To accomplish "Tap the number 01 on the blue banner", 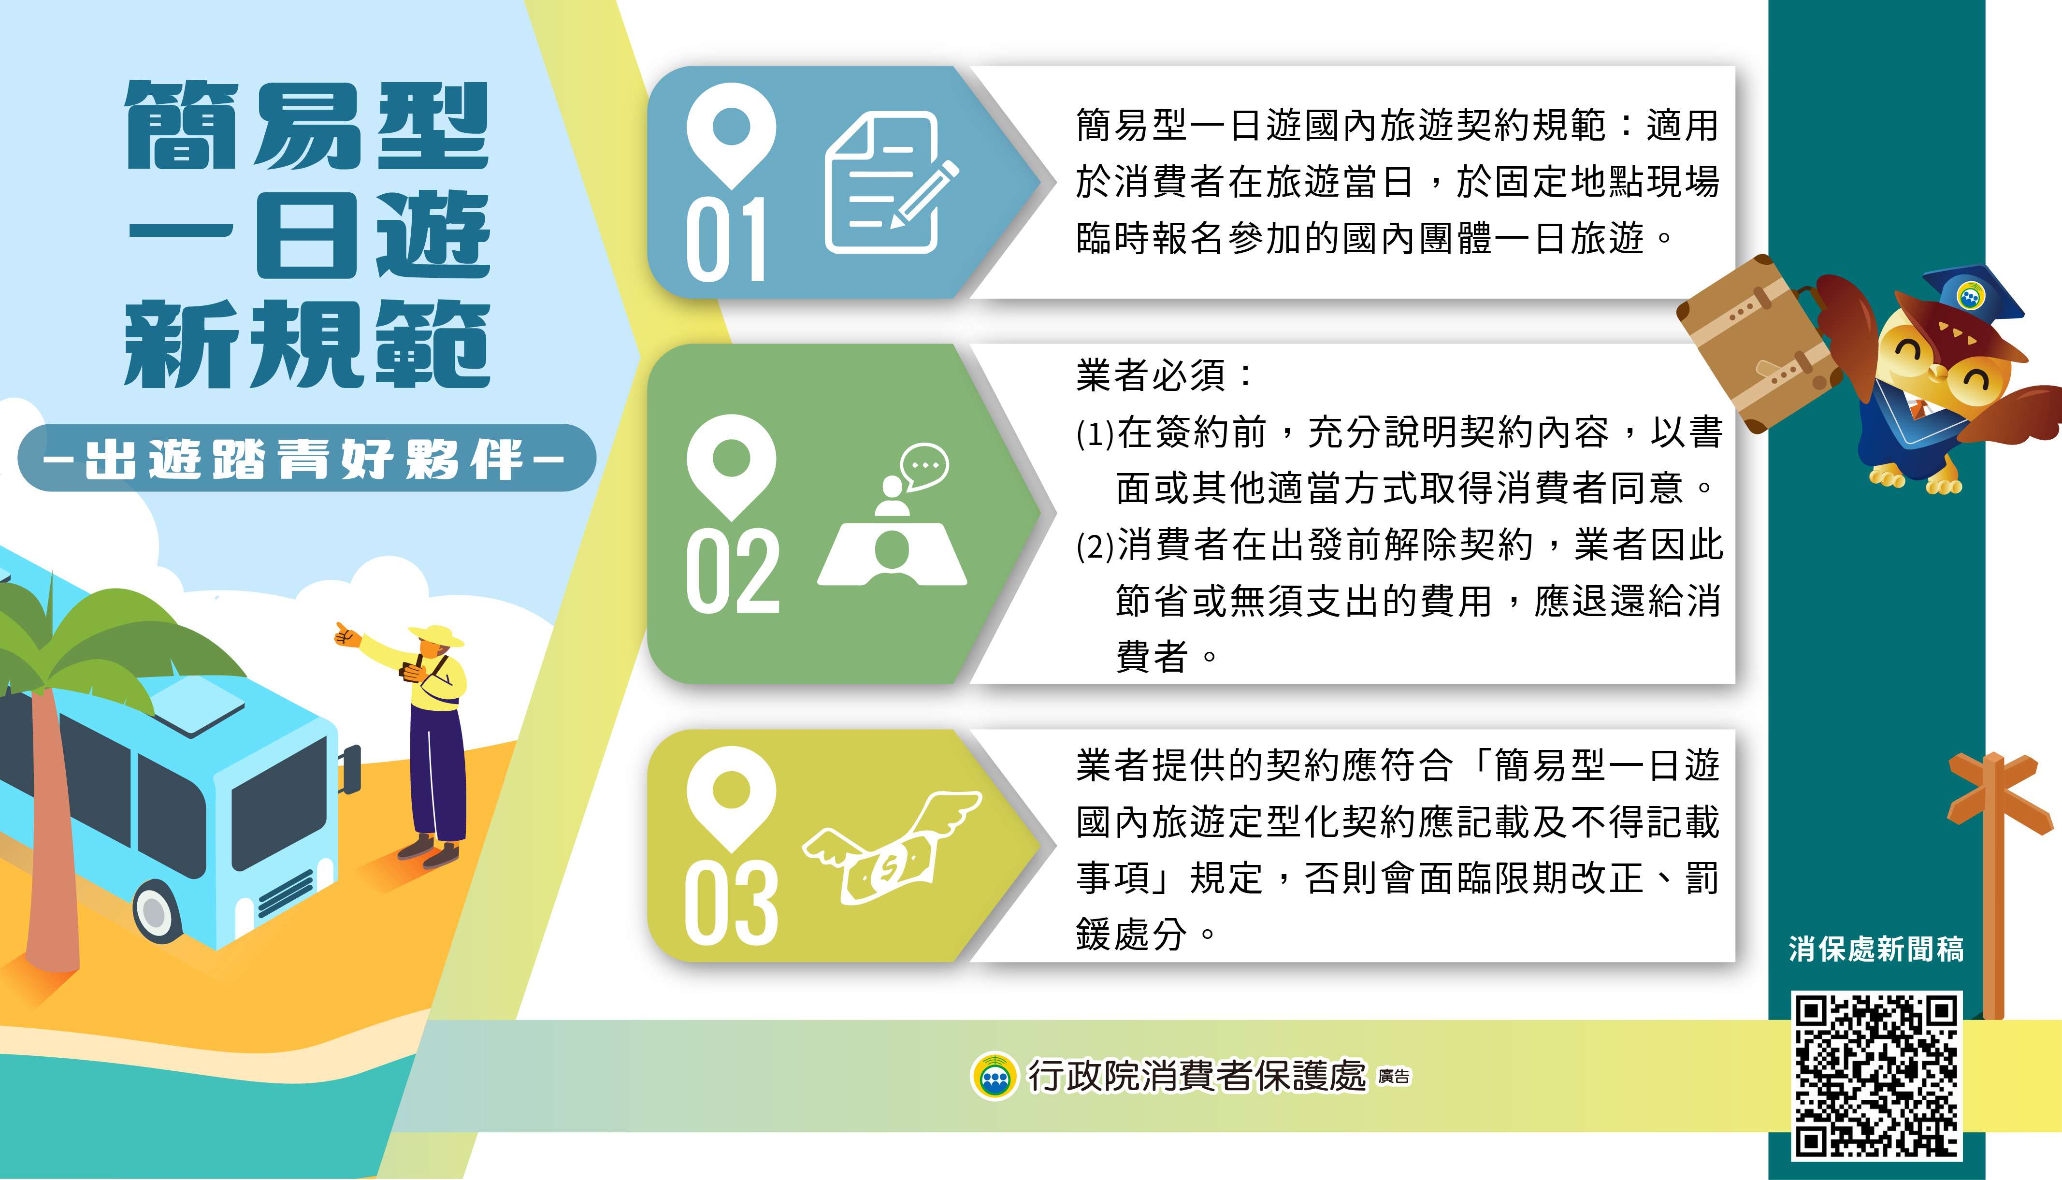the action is (x=726, y=240).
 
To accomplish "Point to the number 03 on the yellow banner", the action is (x=731, y=902).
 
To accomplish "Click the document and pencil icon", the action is (x=890, y=182).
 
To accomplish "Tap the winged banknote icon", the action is (x=892, y=848).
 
